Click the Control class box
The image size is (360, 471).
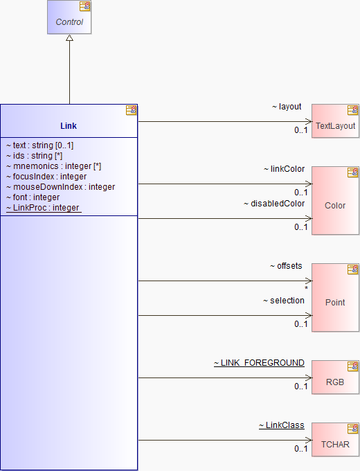[69, 17]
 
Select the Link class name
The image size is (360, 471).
[69, 126]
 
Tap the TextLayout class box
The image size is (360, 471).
[335, 121]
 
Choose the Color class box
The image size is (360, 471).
[335, 200]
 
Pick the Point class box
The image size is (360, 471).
[335, 297]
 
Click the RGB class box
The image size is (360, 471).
[335, 377]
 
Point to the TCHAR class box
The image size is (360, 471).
[335, 439]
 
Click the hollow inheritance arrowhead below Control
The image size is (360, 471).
[69, 38]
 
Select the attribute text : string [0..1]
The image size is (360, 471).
[39, 145]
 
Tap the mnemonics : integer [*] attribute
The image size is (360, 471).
[53, 166]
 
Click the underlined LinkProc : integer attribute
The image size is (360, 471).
[44, 208]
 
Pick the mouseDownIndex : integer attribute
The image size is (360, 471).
[60, 187]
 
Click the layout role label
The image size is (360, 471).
[287, 107]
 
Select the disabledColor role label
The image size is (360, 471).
[274, 204]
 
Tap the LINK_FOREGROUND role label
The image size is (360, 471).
[259, 363]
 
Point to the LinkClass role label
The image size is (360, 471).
[282, 425]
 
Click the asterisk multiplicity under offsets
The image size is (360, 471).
[306, 288]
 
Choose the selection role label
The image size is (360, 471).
[284, 301]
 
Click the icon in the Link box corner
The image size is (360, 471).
[132, 110]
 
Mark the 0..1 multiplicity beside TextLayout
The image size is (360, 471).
[301, 130]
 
